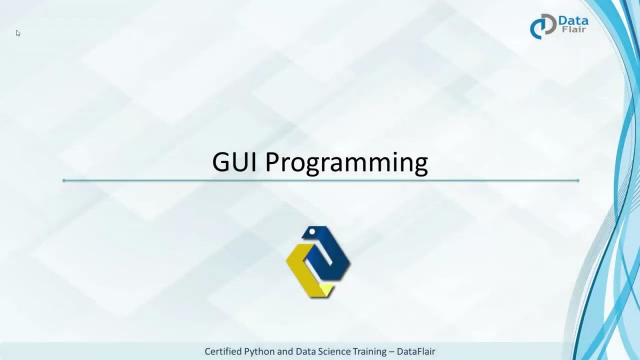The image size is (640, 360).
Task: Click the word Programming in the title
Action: pyautogui.click(x=346, y=163)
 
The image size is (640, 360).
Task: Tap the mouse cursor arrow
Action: pyautogui.click(x=17, y=33)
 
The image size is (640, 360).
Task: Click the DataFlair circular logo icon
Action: pyautogui.click(x=542, y=26)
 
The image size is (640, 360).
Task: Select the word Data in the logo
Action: pyautogui.click(x=573, y=21)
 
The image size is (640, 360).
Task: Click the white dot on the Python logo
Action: pyautogui.click(x=312, y=231)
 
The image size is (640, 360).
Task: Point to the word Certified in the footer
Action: pyautogui.click(x=223, y=351)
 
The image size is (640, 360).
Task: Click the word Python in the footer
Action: pyautogui.click(x=259, y=351)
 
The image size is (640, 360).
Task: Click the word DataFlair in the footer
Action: pyautogui.click(x=416, y=351)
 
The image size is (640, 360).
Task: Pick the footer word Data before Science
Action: pyautogui.click(x=305, y=351)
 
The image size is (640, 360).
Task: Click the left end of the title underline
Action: pyautogui.click(x=64, y=180)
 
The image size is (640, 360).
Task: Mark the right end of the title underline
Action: pyautogui.click(x=578, y=180)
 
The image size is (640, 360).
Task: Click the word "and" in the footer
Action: pyautogui.click(x=285, y=351)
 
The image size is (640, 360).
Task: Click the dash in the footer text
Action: pyautogui.click(x=391, y=351)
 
